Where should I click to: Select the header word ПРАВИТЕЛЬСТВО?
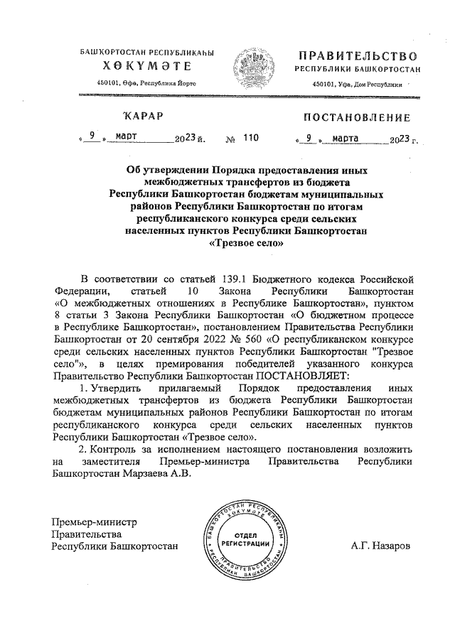pos(357,55)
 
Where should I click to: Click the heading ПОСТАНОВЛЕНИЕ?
pos(357,117)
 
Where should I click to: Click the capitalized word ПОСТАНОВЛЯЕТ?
pos(300,374)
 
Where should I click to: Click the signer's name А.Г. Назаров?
pos(380,546)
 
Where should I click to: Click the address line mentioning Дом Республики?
pos(357,85)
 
